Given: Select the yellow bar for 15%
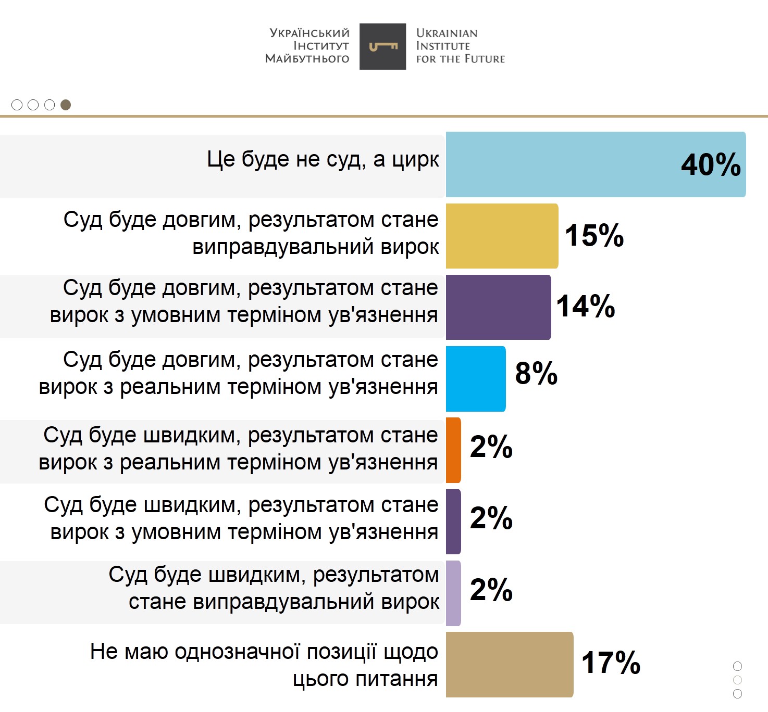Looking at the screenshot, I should pos(502,236).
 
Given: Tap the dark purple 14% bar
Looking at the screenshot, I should pos(498,307).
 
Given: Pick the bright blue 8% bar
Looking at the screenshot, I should pos(476,378).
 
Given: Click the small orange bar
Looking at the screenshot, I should pos(453,450).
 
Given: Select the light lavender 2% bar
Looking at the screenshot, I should pos(453,593).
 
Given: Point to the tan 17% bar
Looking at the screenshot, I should pos(509,664).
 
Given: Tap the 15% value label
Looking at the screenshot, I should pos(594,235).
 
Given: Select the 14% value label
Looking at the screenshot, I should pos(586,306).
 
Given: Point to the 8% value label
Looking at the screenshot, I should pos(536,373).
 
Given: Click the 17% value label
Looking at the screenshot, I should pos(611,663).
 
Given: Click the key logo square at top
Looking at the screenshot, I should pos(383,46).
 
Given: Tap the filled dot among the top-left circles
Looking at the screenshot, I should pos(66,105).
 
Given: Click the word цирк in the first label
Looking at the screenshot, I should pos(416,159).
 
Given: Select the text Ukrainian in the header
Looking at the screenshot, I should pos(447,33).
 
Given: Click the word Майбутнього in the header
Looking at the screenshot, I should pos(307,59).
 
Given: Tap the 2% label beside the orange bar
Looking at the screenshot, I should pos(491,447).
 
